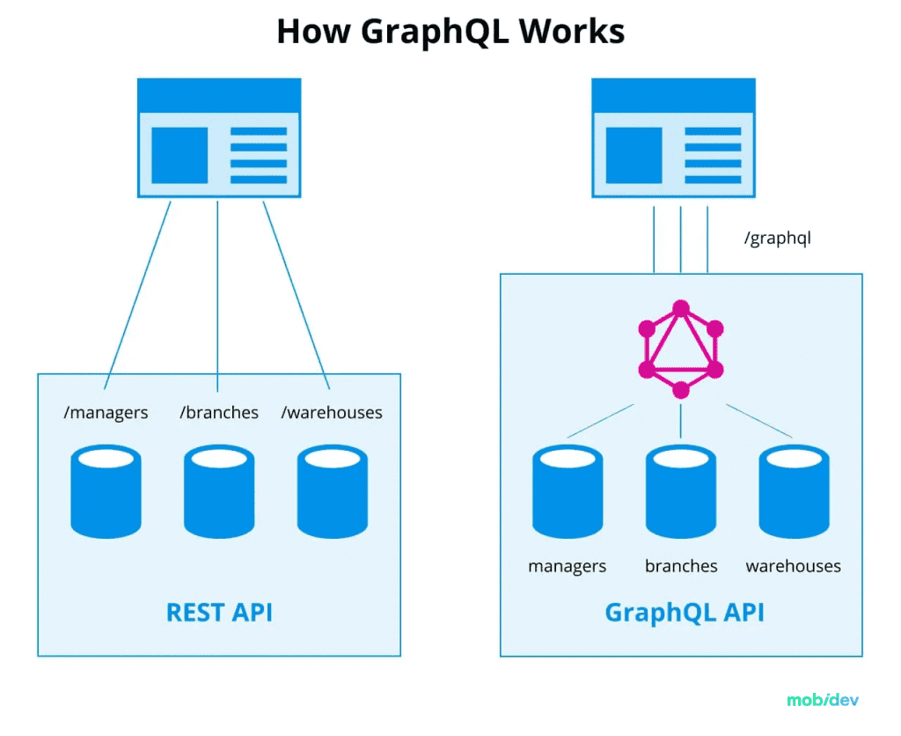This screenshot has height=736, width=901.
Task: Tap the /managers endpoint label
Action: point(106,412)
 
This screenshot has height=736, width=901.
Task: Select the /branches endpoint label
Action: point(219,412)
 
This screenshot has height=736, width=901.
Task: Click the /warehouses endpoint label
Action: point(332,412)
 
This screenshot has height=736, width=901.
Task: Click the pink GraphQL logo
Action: point(680,350)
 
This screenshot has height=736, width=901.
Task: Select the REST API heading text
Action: point(219,612)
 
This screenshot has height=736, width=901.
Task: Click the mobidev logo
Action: point(822,701)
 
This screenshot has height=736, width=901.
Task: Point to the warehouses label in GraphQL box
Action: point(793,566)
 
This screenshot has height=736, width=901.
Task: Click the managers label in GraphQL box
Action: point(567,566)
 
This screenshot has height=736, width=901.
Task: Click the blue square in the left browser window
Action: point(179,155)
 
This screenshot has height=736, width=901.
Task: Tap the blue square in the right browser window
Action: point(634,155)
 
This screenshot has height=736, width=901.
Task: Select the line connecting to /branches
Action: point(217,291)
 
